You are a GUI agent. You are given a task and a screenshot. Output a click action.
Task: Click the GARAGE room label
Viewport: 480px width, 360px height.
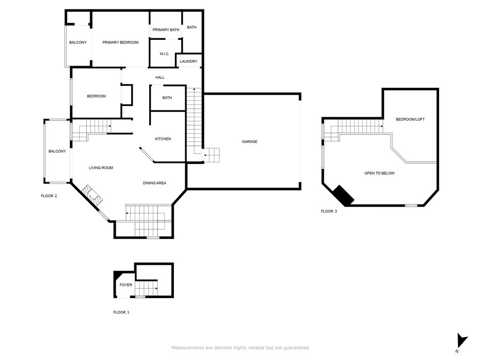(249, 142)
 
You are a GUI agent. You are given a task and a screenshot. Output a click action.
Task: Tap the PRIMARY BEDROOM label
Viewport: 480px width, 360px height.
(120, 42)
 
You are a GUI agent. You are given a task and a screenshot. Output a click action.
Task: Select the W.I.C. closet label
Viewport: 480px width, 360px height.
(165, 54)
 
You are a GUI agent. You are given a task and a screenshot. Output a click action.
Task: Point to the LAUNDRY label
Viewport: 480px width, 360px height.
(188, 61)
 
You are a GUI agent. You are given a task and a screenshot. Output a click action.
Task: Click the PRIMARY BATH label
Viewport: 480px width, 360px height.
(166, 30)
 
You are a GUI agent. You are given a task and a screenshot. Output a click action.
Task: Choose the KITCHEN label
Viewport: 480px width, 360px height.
(163, 139)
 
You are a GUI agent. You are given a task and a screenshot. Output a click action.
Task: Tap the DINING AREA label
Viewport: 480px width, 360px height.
(155, 183)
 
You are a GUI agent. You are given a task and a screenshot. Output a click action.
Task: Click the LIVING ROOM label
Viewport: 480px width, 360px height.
(101, 168)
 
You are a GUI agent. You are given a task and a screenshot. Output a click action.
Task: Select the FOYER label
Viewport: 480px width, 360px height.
(126, 285)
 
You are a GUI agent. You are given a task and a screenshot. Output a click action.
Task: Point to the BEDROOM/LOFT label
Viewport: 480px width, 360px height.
(410, 119)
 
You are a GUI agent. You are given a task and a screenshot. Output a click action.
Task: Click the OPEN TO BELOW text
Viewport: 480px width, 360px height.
(379, 173)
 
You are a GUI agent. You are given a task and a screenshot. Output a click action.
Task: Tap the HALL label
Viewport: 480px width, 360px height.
(160, 77)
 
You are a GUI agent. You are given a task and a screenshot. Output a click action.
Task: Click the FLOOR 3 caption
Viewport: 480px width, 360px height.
(329, 211)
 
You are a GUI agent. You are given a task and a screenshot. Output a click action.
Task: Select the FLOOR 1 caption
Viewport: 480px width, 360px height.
(121, 312)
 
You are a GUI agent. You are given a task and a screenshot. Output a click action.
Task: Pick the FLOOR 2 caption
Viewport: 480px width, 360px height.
(49, 196)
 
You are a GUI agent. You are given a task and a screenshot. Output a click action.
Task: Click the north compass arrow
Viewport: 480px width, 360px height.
(462, 341)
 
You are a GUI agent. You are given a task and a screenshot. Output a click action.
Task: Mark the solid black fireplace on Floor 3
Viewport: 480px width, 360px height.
(344, 195)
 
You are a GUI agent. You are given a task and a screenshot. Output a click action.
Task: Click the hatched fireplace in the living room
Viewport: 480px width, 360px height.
(92, 195)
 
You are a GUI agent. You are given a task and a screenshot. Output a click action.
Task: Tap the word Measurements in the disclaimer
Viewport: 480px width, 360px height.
(187, 348)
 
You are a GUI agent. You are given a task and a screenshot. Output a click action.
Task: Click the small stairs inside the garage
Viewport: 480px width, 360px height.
(211, 155)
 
